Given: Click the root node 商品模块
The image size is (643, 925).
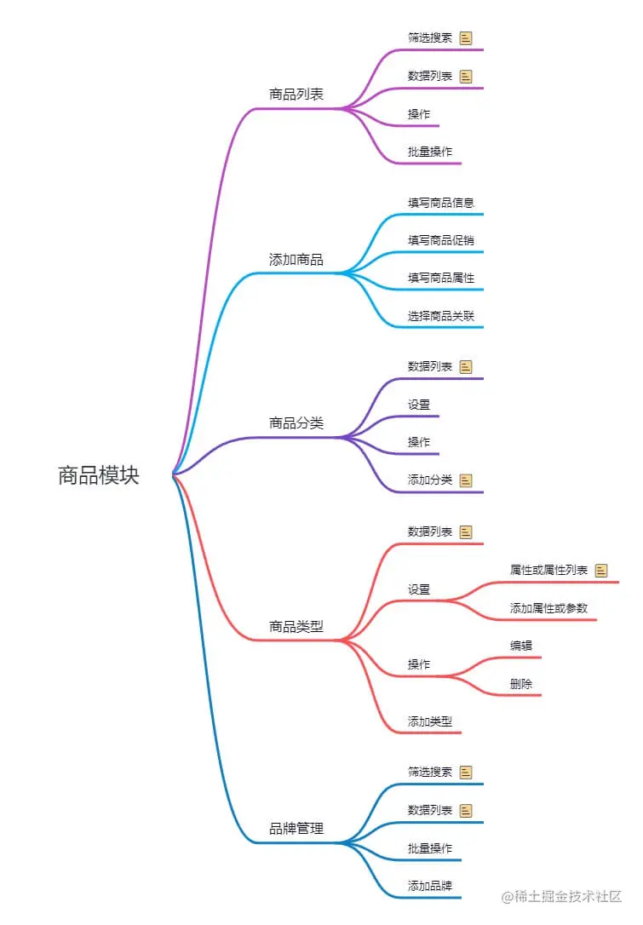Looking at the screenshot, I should [x=98, y=475].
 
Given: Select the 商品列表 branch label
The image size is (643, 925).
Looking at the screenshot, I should [x=296, y=95].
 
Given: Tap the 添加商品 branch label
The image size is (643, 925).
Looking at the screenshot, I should [x=296, y=260].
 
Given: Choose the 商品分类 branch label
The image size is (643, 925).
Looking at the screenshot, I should [x=296, y=423].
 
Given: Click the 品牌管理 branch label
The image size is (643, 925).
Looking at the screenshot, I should [x=296, y=829].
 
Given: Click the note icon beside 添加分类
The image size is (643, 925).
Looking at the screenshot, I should [x=466, y=480].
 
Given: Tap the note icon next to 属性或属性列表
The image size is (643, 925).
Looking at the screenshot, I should [x=601, y=571].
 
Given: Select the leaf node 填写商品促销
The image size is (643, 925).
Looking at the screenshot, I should [x=441, y=240].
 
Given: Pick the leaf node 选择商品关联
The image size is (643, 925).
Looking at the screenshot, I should [x=441, y=316].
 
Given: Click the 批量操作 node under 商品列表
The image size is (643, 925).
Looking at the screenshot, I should [x=430, y=152].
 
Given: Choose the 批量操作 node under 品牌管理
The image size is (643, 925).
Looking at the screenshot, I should [x=430, y=848].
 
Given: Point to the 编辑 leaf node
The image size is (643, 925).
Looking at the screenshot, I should [x=521, y=646].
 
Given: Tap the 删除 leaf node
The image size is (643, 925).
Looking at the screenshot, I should [x=521, y=684].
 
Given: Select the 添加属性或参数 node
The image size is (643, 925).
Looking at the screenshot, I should [x=548, y=608].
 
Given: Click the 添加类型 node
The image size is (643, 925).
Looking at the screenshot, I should [x=430, y=721].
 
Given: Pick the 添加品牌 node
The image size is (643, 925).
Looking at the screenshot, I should [x=430, y=885].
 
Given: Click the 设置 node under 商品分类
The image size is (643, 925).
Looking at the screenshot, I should [x=419, y=405].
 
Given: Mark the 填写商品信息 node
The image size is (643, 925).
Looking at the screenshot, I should [x=441, y=203].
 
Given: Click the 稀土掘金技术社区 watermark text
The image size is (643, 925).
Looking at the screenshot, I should [x=568, y=897].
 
